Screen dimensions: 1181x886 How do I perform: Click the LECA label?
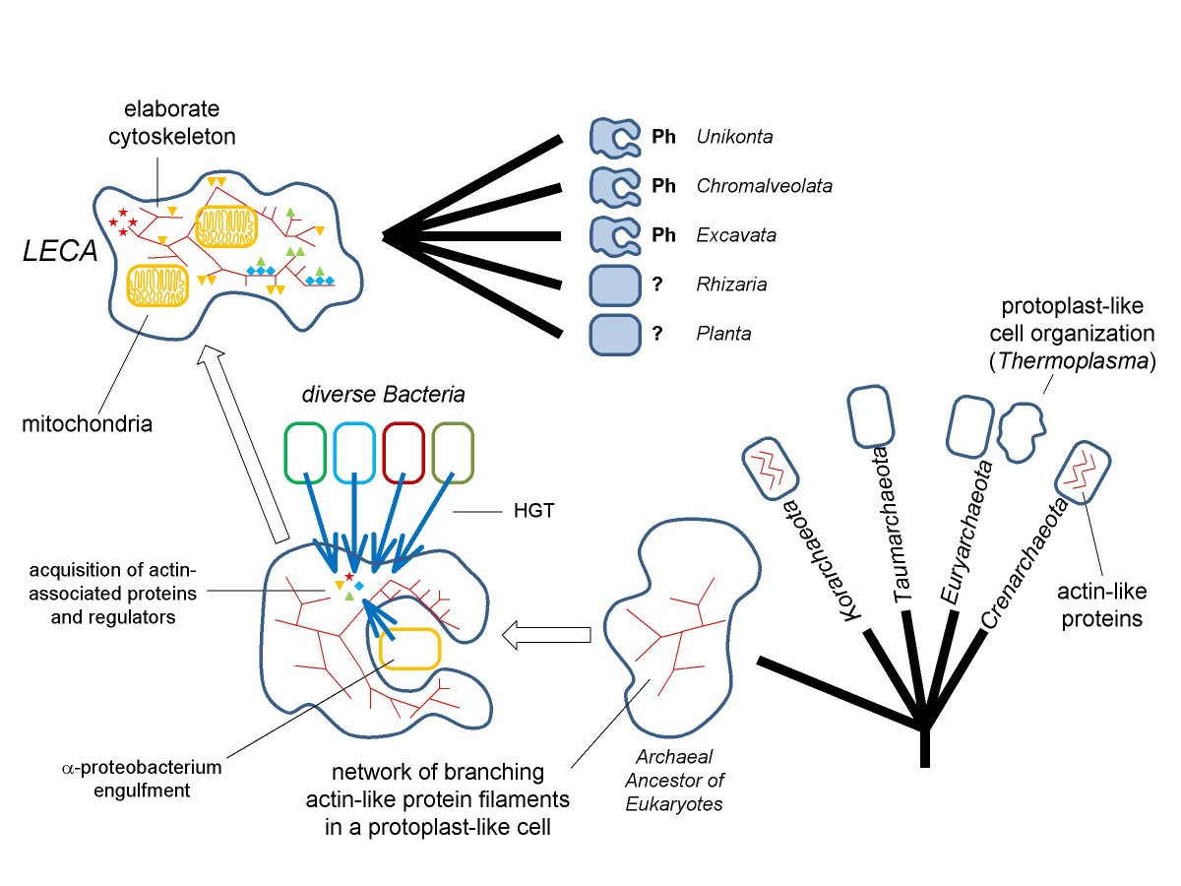(x=60, y=251)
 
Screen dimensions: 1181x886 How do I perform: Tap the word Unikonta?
(x=734, y=137)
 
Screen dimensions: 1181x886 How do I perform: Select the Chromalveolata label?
(x=764, y=186)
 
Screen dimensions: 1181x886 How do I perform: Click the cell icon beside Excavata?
(x=615, y=235)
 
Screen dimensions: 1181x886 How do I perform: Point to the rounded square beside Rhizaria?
(x=615, y=285)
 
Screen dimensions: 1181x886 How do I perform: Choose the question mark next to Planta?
(x=657, y=334)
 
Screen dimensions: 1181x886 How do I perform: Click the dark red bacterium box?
(x=404, y=453)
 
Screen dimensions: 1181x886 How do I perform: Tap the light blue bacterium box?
(x=354, y=453)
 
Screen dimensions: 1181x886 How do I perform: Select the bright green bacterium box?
(x=305, y=453)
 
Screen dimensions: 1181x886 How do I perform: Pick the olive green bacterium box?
(x=453, y=453)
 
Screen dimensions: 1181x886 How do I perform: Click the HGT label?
(x=533, y=511)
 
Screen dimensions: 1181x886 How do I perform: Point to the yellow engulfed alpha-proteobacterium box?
(x=410, y=649)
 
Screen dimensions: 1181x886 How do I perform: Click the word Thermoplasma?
(x=1073, y=361)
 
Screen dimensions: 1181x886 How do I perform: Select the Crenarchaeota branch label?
(x=1025, y=563)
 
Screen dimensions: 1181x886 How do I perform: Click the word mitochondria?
(x=88, y=424)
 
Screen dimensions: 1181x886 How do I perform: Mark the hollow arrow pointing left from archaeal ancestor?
(x=546, y=635)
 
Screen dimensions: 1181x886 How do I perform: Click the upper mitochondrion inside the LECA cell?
(x=226, y=226)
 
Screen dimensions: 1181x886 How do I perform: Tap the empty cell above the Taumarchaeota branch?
(x=870, y=416)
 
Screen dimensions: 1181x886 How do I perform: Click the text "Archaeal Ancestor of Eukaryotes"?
(x=674, y=781)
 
